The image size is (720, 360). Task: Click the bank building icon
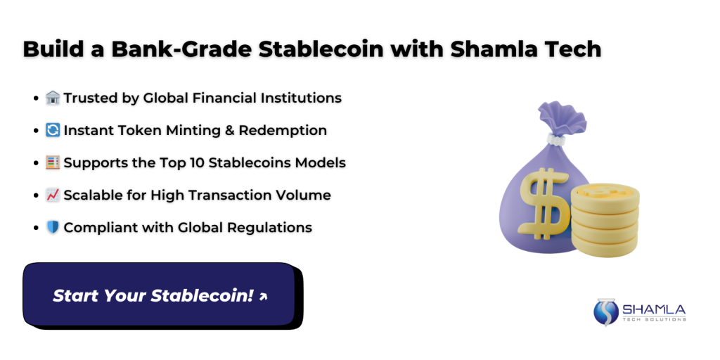(53, 98)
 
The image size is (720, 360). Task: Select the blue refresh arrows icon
(53, 130)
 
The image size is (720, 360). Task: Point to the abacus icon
(53, 162)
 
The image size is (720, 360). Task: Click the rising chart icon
(53, 195)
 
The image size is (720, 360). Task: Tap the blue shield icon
(53, 227)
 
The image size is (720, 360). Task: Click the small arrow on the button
(263, 297)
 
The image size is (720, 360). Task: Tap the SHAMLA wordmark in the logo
(654, 309)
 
